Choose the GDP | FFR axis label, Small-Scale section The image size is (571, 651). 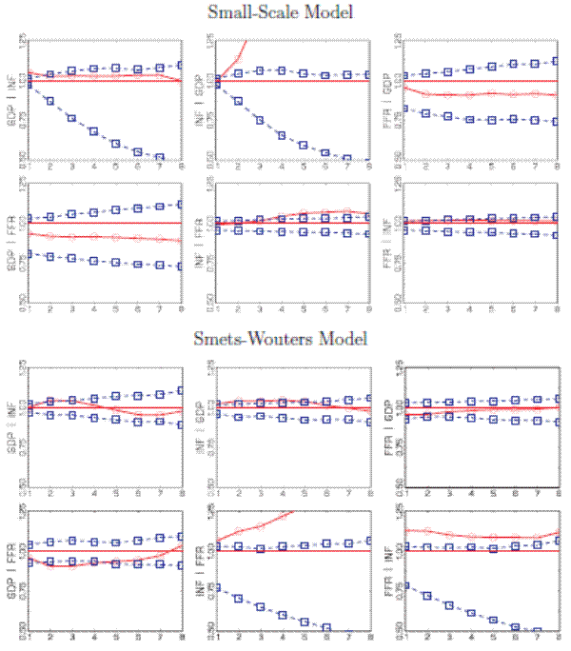tap(13, 239)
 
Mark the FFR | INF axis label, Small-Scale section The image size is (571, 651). tap(390, 239)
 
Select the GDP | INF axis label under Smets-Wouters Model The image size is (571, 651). tap(13, 425)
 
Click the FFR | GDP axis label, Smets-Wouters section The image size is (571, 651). tap(390, 425)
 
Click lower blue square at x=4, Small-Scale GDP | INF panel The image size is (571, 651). tap(93, 131)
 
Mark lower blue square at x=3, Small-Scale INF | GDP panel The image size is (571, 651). tap(261, 120)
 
